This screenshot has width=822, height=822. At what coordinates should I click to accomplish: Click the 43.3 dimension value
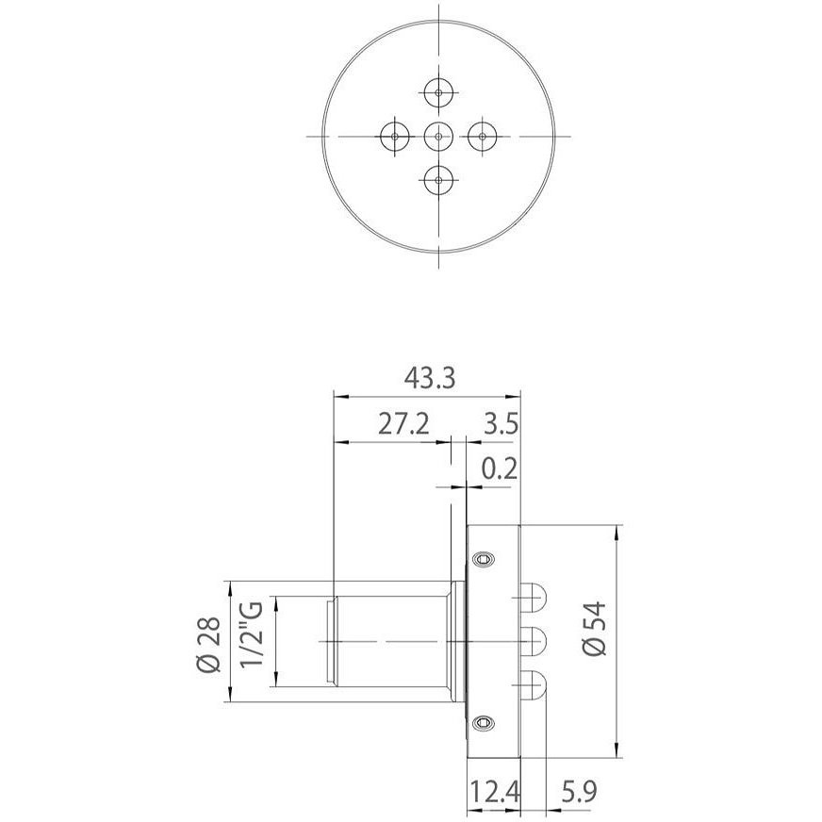click(x=430, y=378)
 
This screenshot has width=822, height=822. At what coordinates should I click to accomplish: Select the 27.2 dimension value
click(x=403, y=423)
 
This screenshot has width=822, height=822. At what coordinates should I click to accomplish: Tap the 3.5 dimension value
click(x=499, y=423)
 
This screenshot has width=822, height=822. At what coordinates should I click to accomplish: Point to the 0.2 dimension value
click(x=499, y=469)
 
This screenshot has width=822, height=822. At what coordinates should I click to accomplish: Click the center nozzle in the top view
click(x=439, y=137)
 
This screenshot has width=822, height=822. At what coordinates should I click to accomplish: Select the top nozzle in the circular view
click(x=439, y=92)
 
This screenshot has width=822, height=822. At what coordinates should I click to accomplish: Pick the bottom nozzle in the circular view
click(x=439, y=179)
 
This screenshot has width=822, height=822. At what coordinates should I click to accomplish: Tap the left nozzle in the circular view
click(x=394, y=137)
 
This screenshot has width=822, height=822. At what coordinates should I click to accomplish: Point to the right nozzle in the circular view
click(x=483, y=137)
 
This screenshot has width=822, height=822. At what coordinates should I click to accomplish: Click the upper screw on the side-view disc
click(x=485, y=560)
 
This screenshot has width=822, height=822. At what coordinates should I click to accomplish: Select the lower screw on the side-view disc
click(x=485, y=723)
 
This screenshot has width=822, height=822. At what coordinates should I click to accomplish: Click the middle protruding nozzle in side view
click(x=533, y=642)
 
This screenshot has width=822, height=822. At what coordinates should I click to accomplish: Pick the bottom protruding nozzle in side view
click(x=533, y=685)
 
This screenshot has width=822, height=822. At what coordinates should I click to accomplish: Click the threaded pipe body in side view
click(x=386, y=642)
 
